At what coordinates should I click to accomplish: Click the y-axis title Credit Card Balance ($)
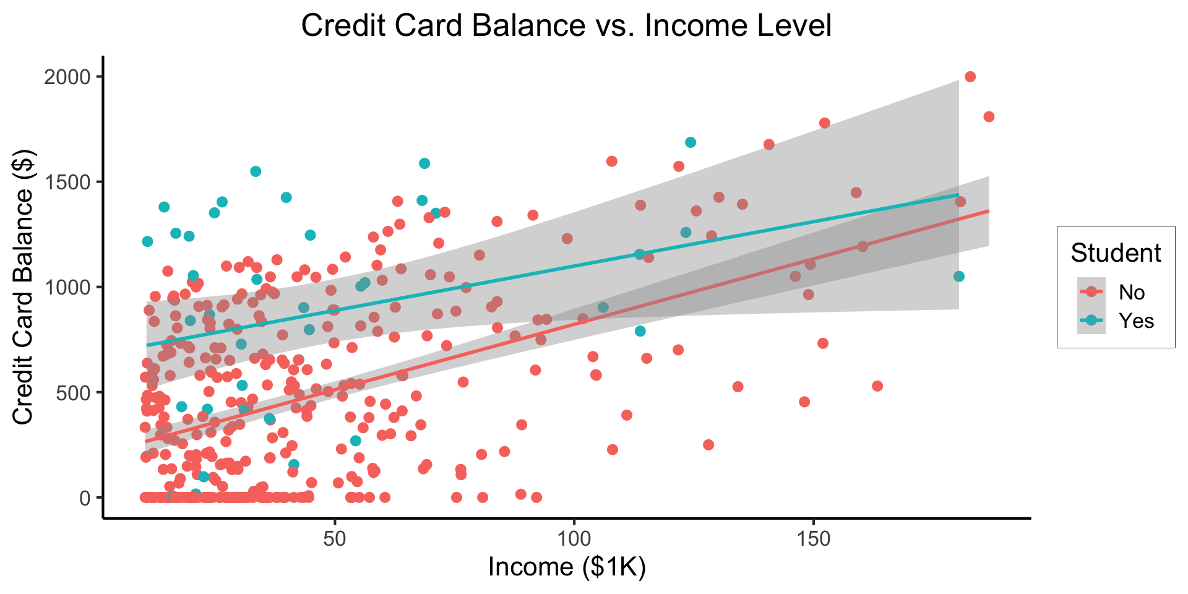[24, 287]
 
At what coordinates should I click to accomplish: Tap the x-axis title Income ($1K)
[567, 567]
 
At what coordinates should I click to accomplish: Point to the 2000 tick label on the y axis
[68, 77]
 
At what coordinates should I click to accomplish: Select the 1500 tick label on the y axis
[68, 182]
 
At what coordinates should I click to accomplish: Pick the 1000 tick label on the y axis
[68, 287]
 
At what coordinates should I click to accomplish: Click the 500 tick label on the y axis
[73, 392]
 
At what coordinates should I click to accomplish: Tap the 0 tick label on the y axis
[85, 497]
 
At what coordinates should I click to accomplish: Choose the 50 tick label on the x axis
[335, 539]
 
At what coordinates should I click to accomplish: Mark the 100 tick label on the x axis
[574, 539]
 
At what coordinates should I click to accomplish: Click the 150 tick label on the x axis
[812, 539]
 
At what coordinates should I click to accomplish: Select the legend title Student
[1116, 253]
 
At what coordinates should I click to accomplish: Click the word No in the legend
[1132, 293]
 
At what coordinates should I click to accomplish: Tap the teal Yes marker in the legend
[1091, 321]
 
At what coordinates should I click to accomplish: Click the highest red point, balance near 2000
[970, 77]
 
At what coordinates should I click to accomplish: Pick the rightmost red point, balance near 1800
[989, 116]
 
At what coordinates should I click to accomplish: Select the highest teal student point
[691, 142]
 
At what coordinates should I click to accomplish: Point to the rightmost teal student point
[959, 276]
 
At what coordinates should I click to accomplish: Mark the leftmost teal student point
[147, 241]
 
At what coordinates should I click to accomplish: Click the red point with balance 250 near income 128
[708, 445]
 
